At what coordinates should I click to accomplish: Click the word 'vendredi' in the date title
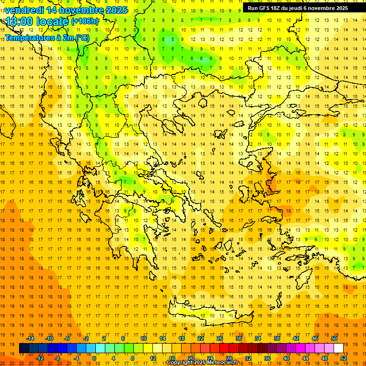[x=24, y=10]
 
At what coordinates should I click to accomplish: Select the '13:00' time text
[x=19, y=21]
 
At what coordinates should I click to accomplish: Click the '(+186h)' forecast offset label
[x=85, y=21]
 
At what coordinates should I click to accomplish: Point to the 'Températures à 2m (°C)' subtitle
[x=47, y=38]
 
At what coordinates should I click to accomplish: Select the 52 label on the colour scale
[x=344, y=358]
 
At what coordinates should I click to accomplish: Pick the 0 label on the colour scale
[x=94, y=358]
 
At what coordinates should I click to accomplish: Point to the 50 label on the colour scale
[x=334, y=338]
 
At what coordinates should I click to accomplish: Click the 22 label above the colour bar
[x=201, y=338]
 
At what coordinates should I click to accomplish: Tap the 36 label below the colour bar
[x=267, y=358]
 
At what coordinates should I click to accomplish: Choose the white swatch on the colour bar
[x=338, y=348]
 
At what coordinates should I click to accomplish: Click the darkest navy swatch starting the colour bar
[x=24, y=348]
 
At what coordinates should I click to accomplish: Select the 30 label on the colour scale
[x=239, y=338]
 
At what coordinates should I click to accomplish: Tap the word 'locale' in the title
[x=51, y=21]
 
